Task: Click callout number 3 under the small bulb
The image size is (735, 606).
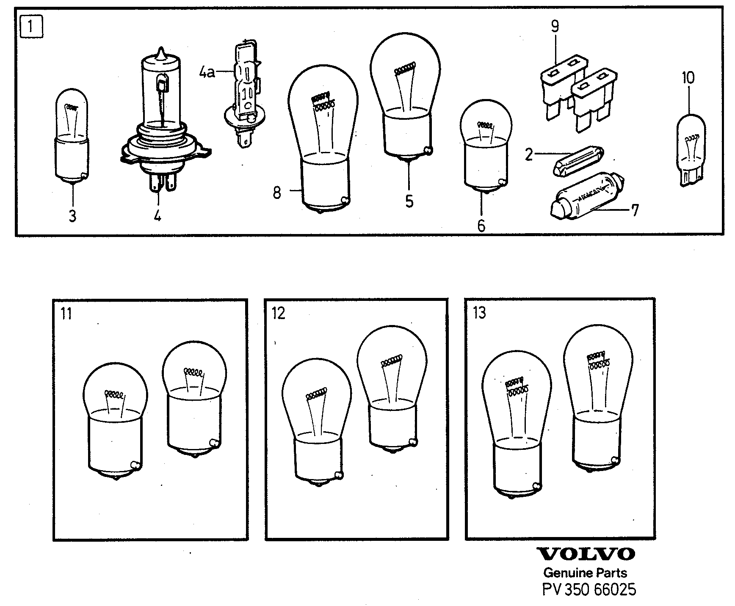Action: click(72, 216)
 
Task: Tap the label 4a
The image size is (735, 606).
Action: click(207, 72)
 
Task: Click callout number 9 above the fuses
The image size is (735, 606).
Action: click(555, 26)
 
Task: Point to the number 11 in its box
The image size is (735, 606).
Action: click(66, 314)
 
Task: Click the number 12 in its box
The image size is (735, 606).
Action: click(279, 314)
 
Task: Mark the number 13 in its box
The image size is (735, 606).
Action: click(479, 313)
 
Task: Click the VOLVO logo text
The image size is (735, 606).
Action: click(586, 554)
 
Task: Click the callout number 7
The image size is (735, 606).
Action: click(634, 210)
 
